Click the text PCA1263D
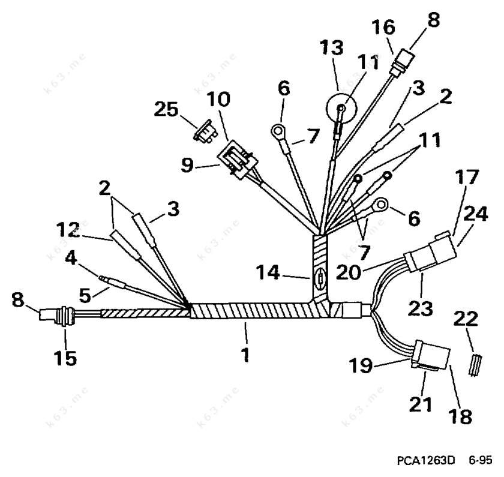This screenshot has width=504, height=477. (x=425, y=460)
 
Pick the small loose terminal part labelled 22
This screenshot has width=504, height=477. (x=475, y=365)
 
